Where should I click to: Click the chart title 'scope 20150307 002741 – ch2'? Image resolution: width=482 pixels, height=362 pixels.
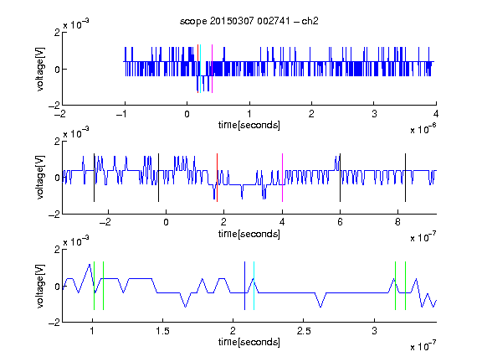pyautogui.click(x=249, y=21)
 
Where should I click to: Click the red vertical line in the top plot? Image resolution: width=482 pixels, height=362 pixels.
pyautogui.click(x=197, y=69)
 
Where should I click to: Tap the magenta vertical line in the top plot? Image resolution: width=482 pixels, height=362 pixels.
pyautogui.click(x=212, y=69)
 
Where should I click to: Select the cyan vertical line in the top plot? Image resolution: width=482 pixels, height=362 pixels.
pyautogui.click(x=201, y=69)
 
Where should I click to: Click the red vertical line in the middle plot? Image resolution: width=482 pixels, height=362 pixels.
pyautogui.click(x=217, y=178)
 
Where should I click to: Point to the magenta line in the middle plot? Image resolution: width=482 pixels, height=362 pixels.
pyautogui.click(x=282, y=178)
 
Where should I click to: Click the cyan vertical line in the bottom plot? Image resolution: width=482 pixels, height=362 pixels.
pyautogui.click(x=254, y=286)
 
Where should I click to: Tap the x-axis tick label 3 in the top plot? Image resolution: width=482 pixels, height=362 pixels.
pyautogui.click(x=374, y=114)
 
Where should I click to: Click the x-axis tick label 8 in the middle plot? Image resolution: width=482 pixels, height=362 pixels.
pyautogui.click(x=397, y=222)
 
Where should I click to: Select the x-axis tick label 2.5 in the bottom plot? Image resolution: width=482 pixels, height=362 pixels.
pyautogui.click(x=304, y=331)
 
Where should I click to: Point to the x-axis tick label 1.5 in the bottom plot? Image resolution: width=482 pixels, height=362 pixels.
pyautogui.click(x=162, y=331)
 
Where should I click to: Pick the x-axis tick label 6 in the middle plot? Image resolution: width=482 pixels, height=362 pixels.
pyautogui.click(x=340, y=222)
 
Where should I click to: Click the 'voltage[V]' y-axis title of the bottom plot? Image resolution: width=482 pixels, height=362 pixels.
pyautogui.click(x=40, y=286)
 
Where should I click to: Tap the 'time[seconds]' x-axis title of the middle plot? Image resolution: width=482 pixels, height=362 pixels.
pyautogui.click(x=249, y=234)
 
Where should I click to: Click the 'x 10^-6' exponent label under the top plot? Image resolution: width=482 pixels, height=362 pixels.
pyautogui.click(x=423, y=129)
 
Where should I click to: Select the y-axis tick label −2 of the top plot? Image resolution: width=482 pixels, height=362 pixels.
pyautogui.click(x=54, y=106)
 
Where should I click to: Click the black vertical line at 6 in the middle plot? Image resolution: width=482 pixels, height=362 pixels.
pyautogui.click(x=340, y=178)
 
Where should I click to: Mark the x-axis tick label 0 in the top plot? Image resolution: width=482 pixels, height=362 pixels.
pyautogui.click(x=187, y=114)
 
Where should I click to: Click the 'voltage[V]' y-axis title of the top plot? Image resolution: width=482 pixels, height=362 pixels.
pyautogui.click(x=40, y=69)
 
